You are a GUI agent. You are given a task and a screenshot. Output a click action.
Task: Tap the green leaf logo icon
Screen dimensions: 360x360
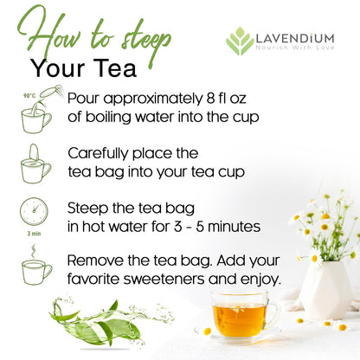click(240, 41)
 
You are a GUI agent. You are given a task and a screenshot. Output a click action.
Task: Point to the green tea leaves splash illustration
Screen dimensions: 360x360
click(92, 322)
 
